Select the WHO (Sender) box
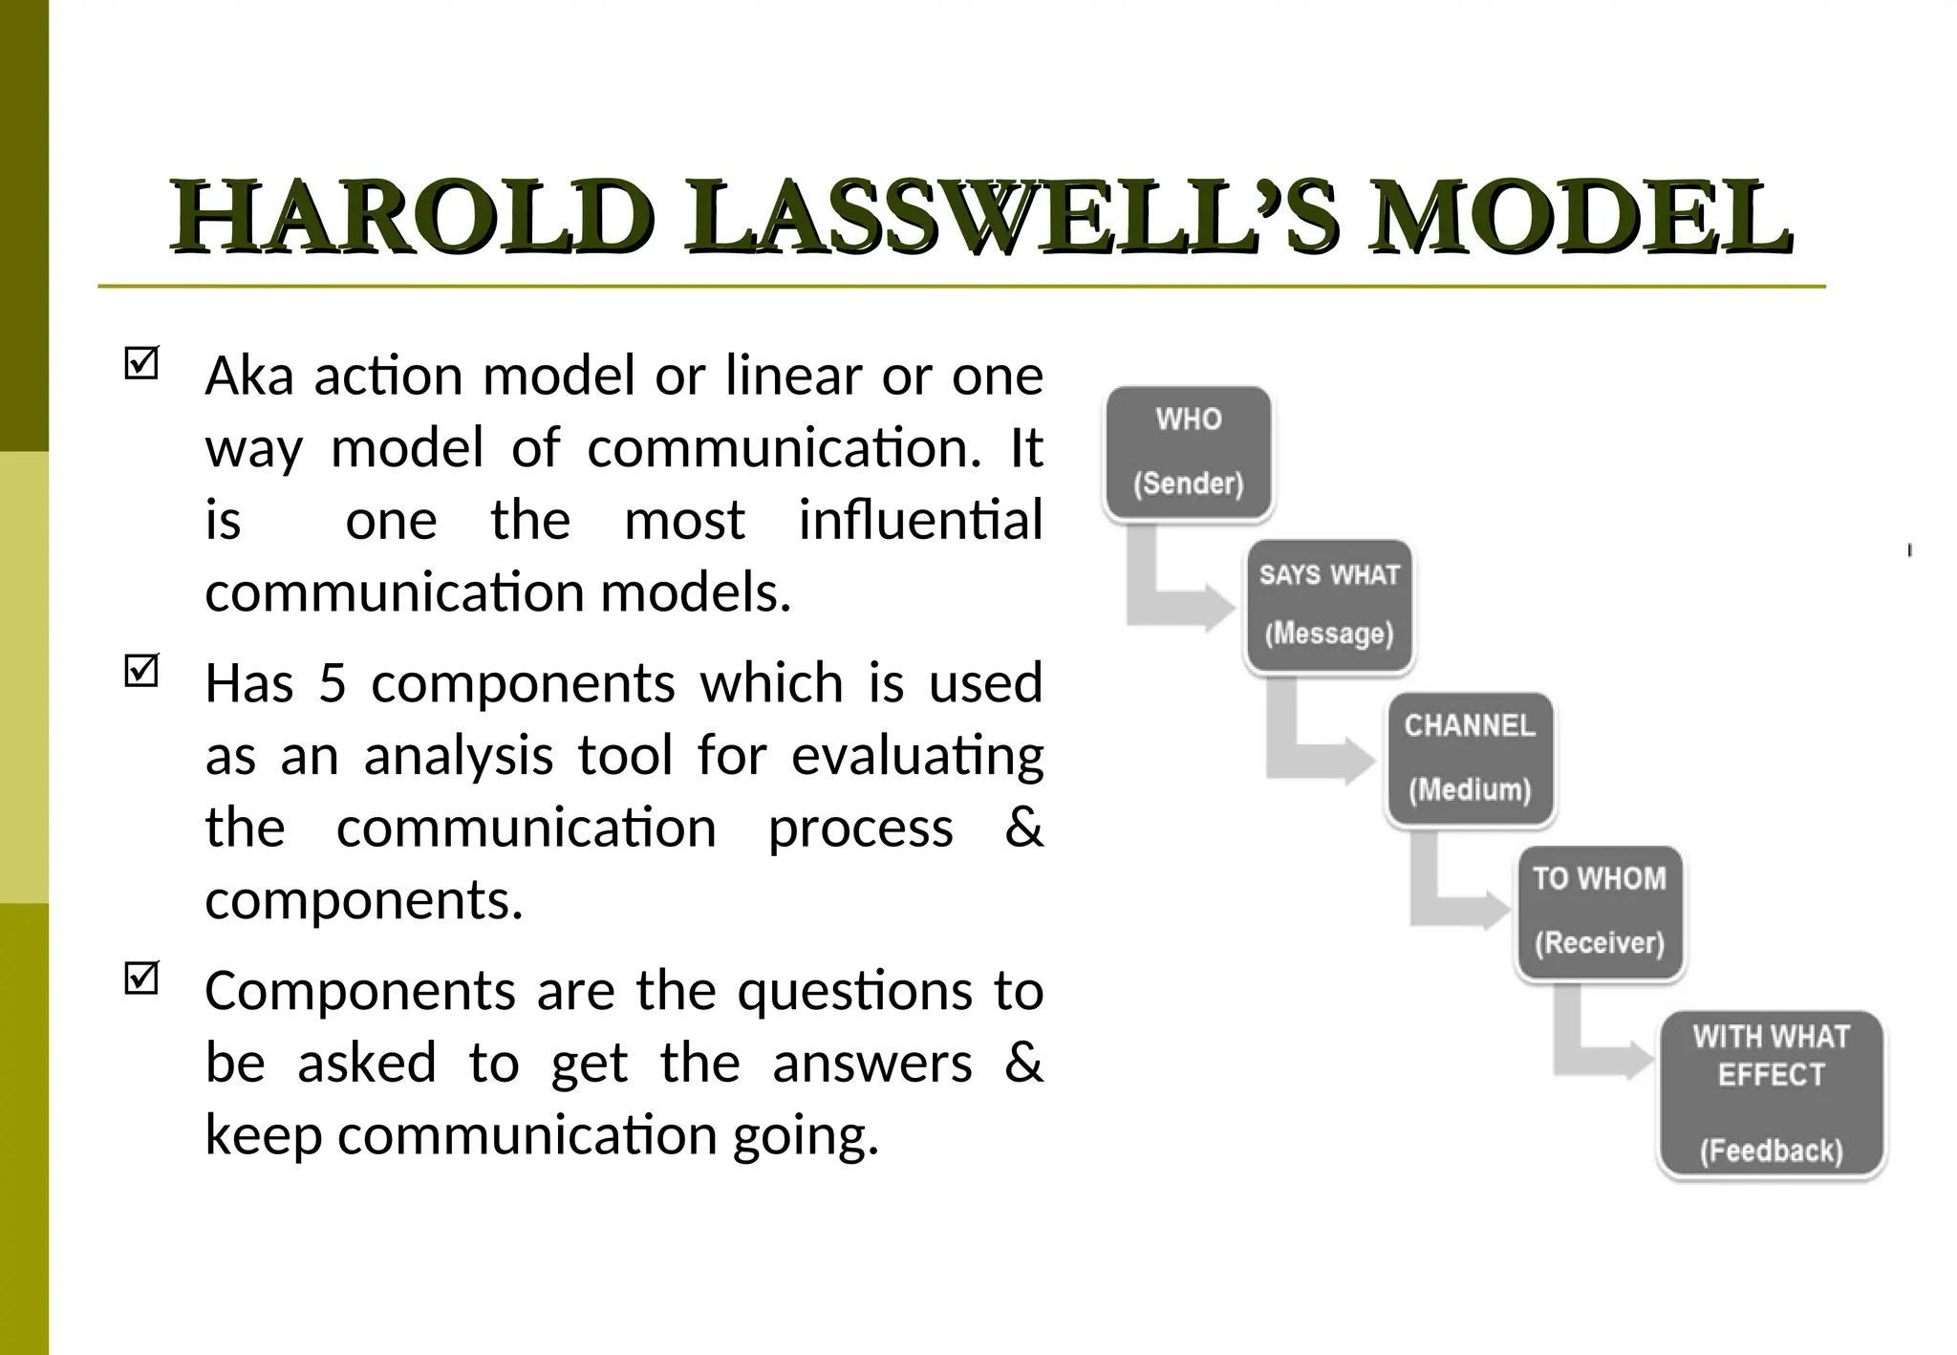tap(1189, 453)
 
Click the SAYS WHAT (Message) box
tap(1329, 606)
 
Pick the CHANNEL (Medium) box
tap(1470, 759)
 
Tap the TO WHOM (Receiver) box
tap(1600, 913)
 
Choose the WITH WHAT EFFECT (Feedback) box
tap(1771, 1093)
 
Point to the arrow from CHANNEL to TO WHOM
tap(1452, 903)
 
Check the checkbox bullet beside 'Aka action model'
tap(141, 363)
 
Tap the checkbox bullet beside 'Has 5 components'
tap(141, 671)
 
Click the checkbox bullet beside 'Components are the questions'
tap(141, 979)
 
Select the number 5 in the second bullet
tap(332, 684)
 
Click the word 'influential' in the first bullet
tap(920, 522)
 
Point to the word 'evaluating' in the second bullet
tap(917, 757)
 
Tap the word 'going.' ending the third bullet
tap(806, 1137)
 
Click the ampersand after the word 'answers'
tap(1023, 1064)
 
